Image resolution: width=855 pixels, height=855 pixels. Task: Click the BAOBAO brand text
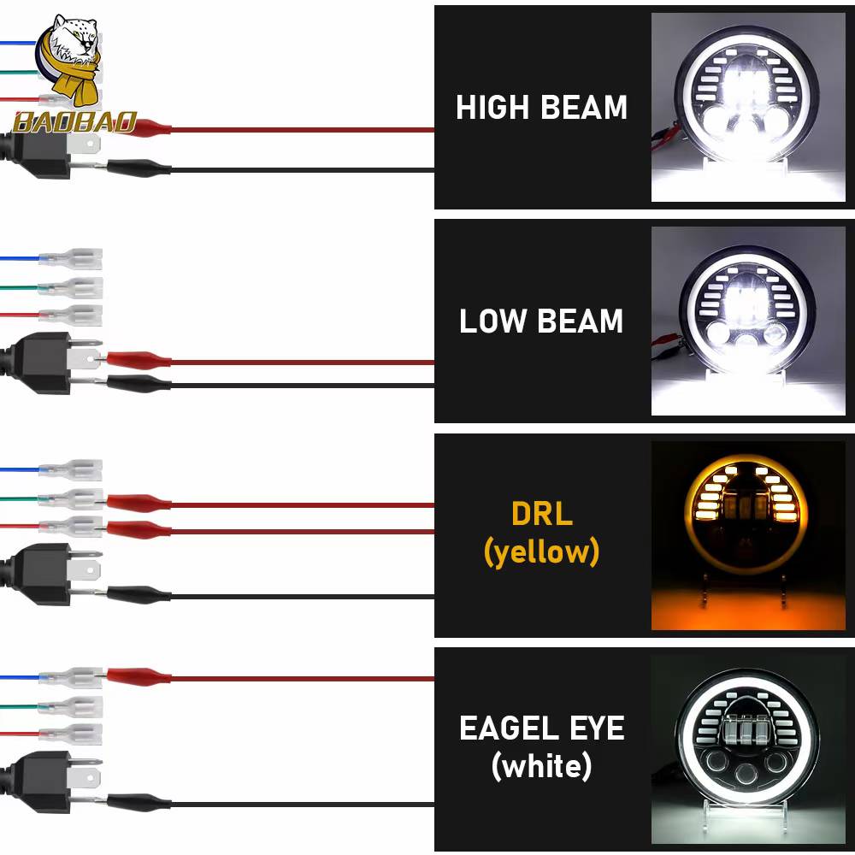(x=75, y=122)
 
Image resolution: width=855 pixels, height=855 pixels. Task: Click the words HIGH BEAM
(x=541, y=107)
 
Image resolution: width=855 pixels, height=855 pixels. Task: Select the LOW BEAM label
(x=541, y=321)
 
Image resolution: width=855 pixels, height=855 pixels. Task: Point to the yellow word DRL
(x=542, y=513)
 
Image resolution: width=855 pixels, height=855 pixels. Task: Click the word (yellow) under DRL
(x=541, y=551)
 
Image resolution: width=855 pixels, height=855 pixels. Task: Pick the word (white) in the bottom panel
(x=541, y=766)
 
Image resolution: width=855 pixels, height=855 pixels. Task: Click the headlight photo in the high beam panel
(x=748, y=108)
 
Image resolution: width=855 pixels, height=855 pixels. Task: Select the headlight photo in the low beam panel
(x=748, y=321)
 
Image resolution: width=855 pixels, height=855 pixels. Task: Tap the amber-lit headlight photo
(x=748, y=535)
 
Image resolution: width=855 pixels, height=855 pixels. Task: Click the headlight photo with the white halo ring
(x=748, y=749)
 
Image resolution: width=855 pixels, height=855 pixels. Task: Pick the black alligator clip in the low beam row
(x=139, y=384)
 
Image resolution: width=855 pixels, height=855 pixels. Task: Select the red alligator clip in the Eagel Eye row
(x=139, y=676)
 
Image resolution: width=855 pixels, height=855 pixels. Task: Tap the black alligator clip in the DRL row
(x=139, y=594)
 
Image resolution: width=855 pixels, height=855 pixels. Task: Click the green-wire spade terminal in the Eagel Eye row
(x=70, y=707)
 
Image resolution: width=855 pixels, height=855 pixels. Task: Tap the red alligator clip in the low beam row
(x=139, y=360)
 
